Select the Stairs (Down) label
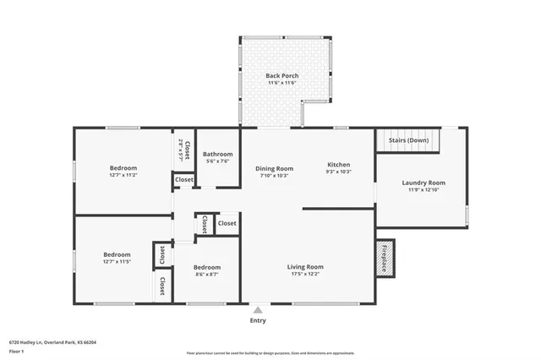click(x=408, y=139)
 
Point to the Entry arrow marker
click(x=258, y=310)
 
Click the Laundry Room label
click(x=424, y=183)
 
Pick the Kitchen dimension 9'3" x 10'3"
click(x=338, y=172)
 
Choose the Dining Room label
click(x=275, y=168)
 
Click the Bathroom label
click(x=218, y=154)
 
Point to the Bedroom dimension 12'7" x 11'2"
click(x=123, y=176)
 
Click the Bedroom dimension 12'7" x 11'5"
click(x=117, y=262)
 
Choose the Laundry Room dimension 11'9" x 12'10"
click(x=424, y=190)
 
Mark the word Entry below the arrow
click(x=258, y=320)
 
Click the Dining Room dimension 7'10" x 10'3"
click(x=275, y=176)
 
